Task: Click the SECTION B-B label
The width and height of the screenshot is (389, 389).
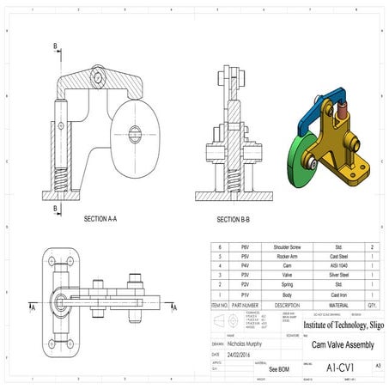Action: tap(234, 219)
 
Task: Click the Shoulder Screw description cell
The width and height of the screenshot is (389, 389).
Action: tap(287, 246)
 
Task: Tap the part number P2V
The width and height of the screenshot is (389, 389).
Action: tap(245, 284)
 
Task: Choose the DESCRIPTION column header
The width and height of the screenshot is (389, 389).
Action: tap(287, 304)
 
